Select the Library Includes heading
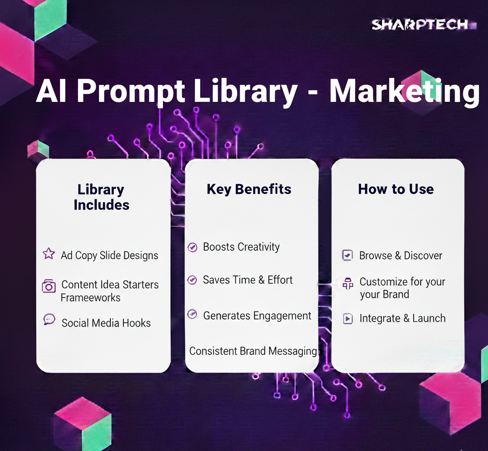pos(101,197)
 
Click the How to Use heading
pos(396,189)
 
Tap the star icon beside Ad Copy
pos(49,253)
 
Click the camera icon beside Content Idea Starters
pos(49,286)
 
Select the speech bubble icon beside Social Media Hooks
pos(49,320)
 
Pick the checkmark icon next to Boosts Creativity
pos(193,247)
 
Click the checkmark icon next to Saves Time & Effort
pos(193,280)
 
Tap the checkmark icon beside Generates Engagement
pos(193,314)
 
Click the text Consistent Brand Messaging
pos(253,351)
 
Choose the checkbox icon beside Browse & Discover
pos(347,255)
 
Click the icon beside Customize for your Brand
pos(348,283)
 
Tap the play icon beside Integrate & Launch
pos(347,319)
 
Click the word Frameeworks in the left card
pos(91,298)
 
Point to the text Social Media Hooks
pos(106,323)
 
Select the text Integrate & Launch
pos(402,319)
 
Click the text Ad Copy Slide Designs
pos(110,255)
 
